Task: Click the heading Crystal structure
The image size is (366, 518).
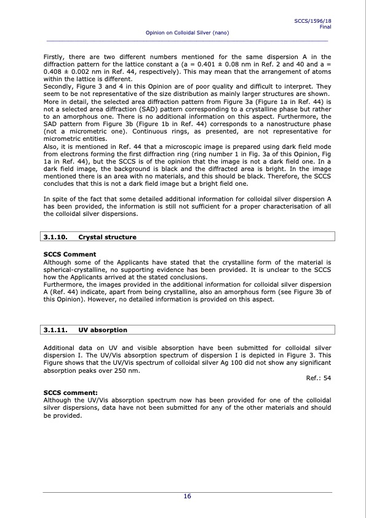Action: click(108, 237)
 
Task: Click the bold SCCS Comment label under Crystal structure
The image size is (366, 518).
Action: click(70, 254)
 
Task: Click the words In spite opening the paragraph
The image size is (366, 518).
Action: click(57, 199)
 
